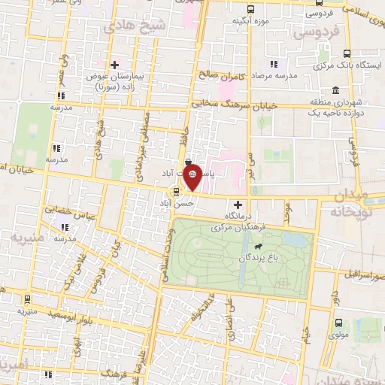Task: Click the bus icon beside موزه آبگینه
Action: point(250,9)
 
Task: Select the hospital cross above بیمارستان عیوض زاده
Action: point(114,65)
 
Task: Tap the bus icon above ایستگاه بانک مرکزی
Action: point(347,53)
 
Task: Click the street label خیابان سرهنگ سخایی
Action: point(235,105)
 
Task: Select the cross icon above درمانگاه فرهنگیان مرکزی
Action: point(238,205)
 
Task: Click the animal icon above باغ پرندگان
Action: point(258,246)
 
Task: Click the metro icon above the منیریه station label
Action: point(28,299)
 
